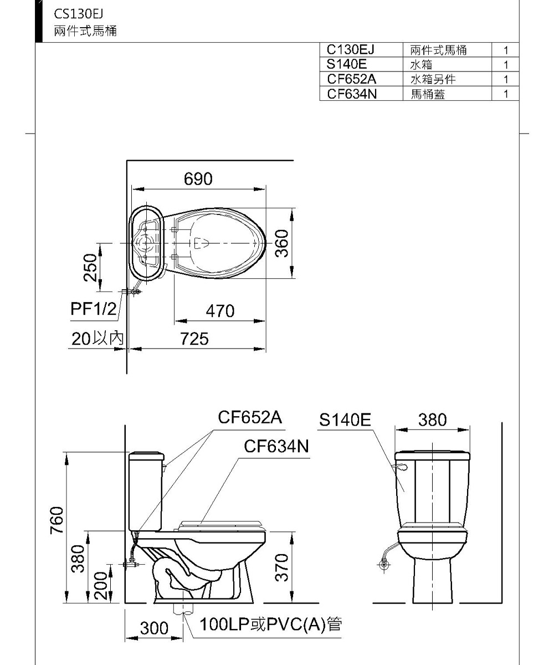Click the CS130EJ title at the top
(79, 14)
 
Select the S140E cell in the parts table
(346, 64)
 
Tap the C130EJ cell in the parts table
(350, 50)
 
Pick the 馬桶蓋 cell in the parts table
(428, 94)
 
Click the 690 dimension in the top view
(198, 178)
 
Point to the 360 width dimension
(282, 243)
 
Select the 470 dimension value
(220, 311)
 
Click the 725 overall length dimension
(194, 339)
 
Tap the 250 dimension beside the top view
(90, 268)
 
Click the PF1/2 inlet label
(94, 309)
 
